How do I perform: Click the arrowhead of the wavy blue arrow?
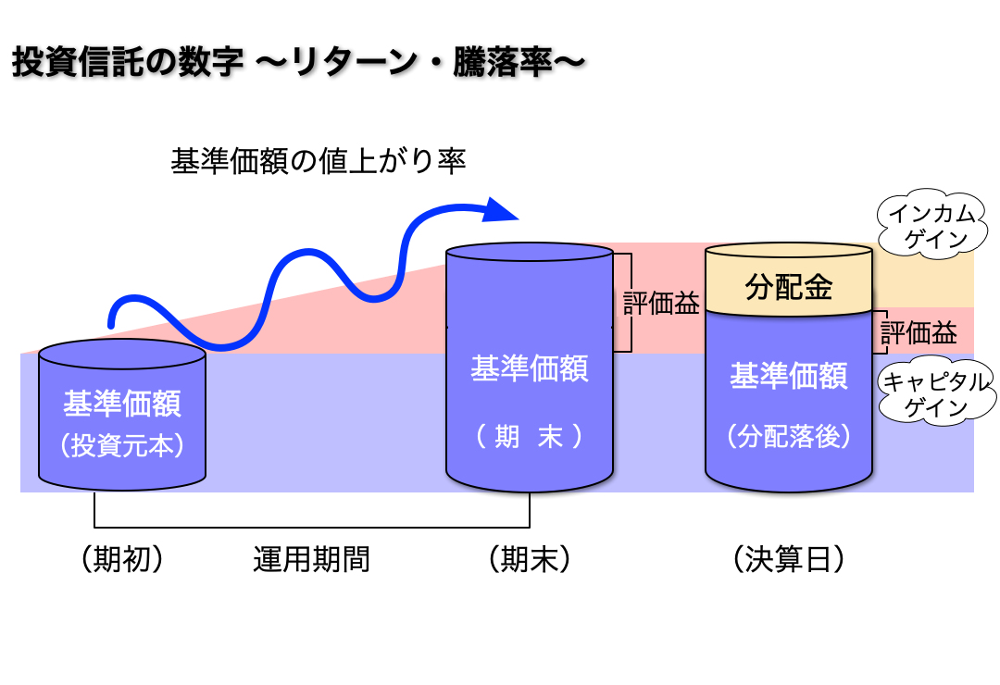[x=502, y=209]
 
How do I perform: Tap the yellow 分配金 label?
[x=789, y=288]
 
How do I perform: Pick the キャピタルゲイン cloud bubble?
[x=935, y=393]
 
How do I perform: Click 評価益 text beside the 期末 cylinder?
[x=661, y=304]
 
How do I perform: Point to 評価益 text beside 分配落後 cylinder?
[x=919, y=333]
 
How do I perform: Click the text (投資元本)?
[x=122, y=445]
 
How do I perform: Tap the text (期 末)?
[x=530, y=436]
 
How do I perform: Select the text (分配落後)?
[x=789, y=436]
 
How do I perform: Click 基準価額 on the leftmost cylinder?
[x=122, y=405]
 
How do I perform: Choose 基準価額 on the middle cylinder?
[x=530, y=368]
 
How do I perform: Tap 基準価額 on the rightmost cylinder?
[x=789, y=376]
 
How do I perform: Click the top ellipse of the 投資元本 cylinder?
[x=122, y=354]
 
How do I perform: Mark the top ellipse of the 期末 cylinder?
[x=530, y=252]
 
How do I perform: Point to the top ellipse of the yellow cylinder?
[x=789, y=251]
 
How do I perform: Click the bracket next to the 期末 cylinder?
[x=628, y=303]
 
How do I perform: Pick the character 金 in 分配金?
[x=817, y=288]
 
